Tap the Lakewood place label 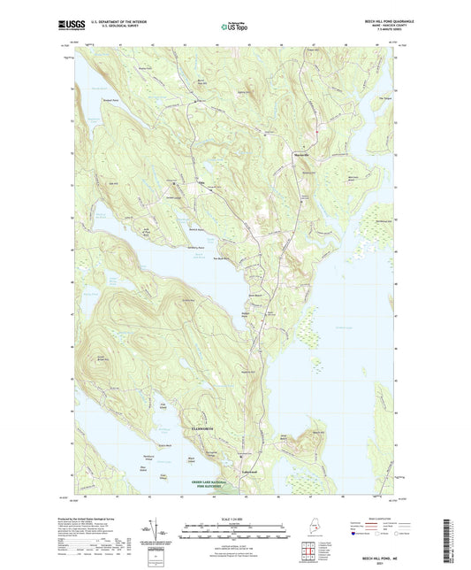pos(250,472)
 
